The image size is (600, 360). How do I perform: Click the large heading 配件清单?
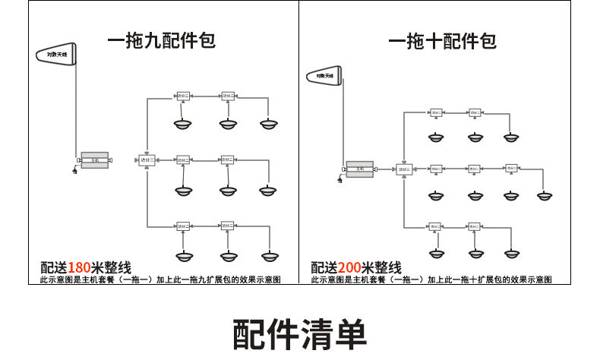point(300,333)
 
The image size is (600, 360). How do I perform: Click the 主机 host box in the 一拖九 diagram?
point(95,160)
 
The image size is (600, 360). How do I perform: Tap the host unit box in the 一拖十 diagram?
point(360,169)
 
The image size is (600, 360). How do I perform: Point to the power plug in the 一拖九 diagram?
point(74,172)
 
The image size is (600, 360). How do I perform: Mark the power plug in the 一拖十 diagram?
point(339,180)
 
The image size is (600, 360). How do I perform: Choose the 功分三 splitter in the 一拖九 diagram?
point(147,160)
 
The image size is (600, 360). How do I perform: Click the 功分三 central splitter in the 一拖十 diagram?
point(404,169)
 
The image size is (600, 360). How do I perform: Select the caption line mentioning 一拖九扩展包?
point(160,280)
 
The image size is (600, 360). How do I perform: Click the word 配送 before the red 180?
point(53,267)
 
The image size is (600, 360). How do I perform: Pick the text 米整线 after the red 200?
point(382,267)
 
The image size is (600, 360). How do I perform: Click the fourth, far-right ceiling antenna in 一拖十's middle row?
point(544,196)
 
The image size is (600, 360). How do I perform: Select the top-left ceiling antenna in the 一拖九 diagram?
point(183,124)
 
